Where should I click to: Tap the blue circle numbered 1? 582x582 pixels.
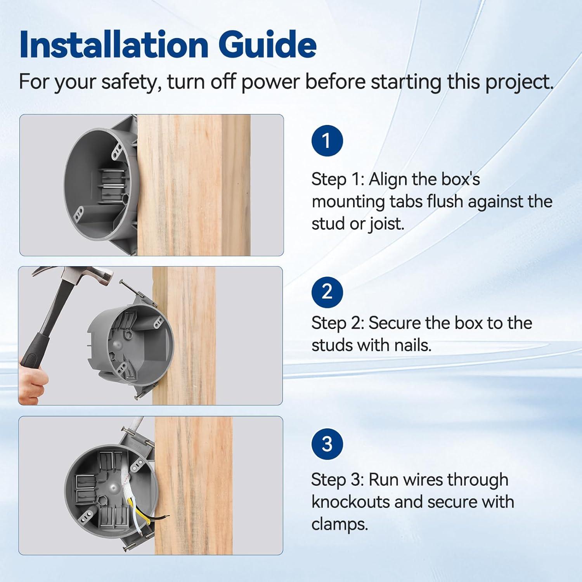327,141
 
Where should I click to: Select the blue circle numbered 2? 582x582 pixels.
327,292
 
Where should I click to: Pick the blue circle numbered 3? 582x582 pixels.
327,444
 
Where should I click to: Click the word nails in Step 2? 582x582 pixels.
412,345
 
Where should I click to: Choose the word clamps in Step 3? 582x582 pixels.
339,525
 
